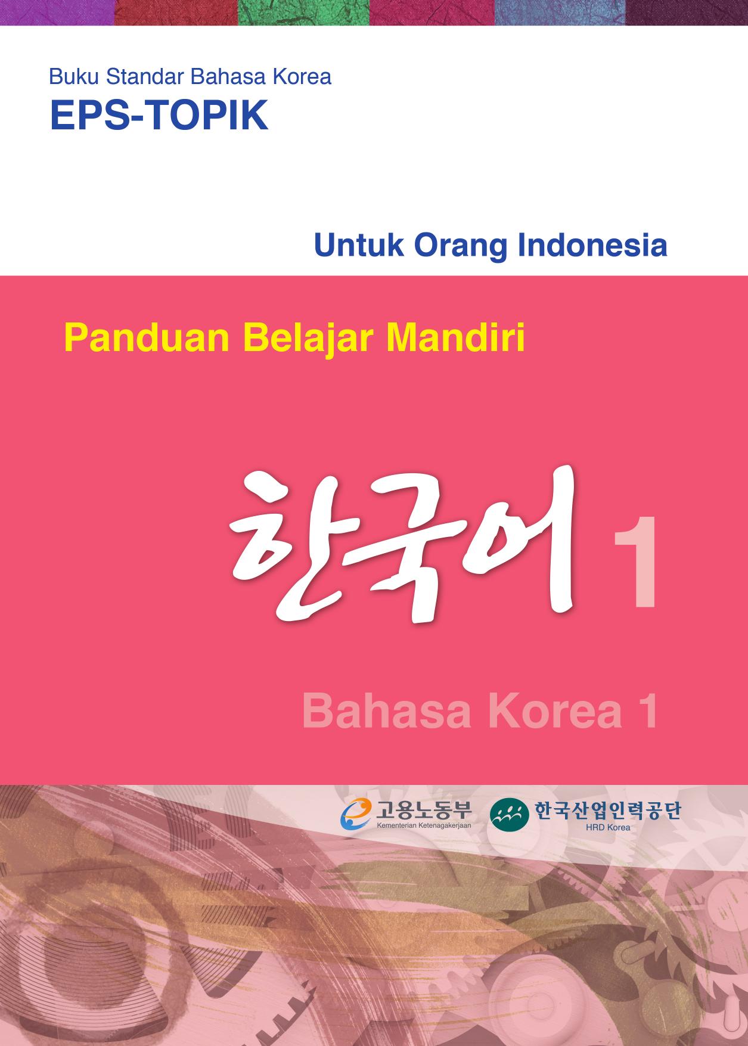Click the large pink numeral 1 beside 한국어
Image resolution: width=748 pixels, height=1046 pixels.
coord(635,563)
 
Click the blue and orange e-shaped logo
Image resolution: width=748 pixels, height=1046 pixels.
coord(356,814)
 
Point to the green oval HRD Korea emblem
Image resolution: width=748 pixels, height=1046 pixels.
coord(509,814)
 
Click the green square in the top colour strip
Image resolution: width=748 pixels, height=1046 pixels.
coord(304,13)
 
